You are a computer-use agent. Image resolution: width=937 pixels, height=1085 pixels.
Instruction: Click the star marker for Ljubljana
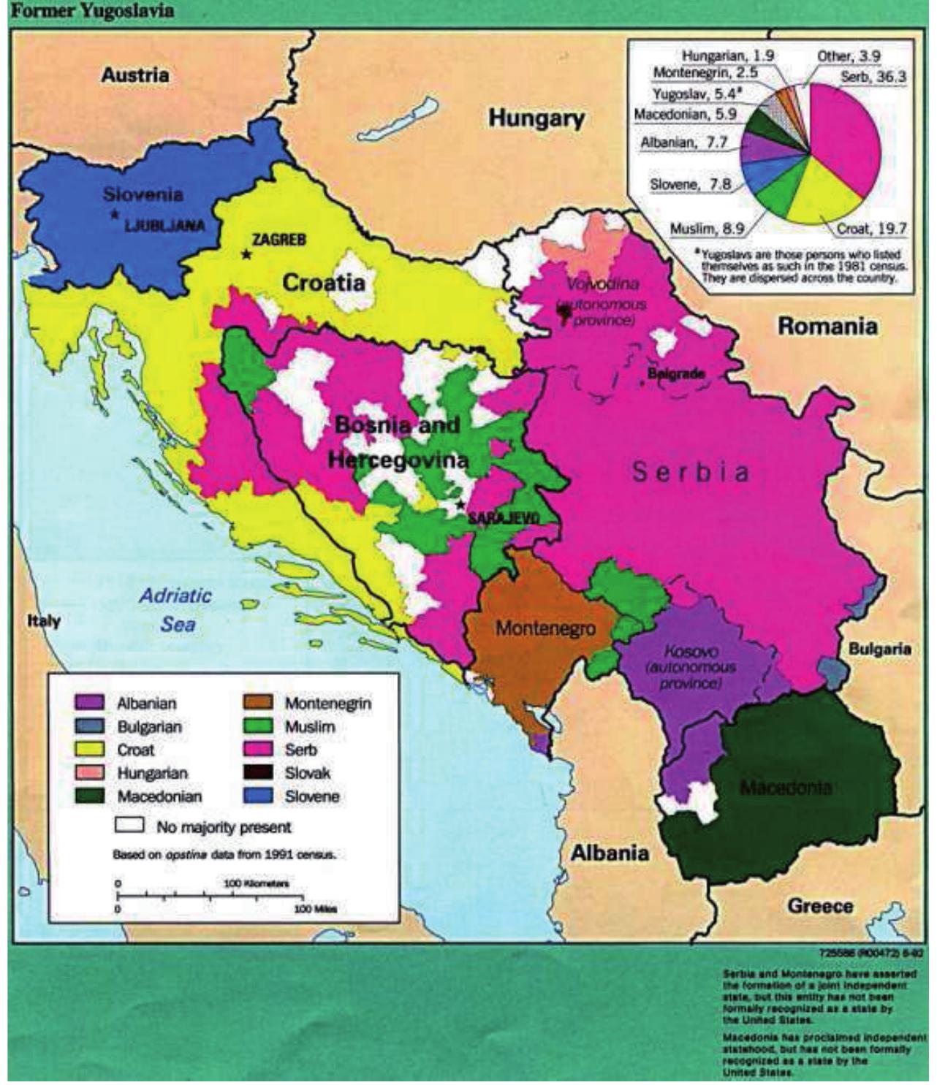pyautogui.click(x=115, y=214)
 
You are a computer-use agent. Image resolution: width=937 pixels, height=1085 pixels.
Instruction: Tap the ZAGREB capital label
pyautogui.click(x=278, y=240)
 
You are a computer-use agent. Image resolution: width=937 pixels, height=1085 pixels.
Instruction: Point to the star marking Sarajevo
pyautogui.click(x=460, y=505)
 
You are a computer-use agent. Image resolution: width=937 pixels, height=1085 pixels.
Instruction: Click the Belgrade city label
pyautogui.click(x=676, y=374)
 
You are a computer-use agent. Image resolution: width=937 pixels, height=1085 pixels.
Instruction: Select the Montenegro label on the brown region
pyautogui.click(x=545, y=628)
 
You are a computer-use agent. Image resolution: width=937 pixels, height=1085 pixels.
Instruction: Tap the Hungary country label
pyautogui.click(x=536, y=118)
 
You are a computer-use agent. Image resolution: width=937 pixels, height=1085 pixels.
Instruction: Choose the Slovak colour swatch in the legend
pyautogui.click(x=257, y=773)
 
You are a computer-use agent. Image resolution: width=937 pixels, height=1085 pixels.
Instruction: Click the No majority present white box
pyautogui.click(x=129, y=826)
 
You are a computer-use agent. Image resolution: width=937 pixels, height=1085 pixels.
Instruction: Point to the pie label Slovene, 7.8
pyautogui.click(x=690, y=184)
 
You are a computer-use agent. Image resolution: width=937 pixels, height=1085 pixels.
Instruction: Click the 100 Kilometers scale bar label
pyautogui.click(x=257, y=883)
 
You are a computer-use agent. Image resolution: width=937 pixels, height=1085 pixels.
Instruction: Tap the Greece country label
pyautogui.click(x=820, y=906)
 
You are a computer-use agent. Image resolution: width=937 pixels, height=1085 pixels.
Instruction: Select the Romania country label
pyautogui.click(x=827, y=326)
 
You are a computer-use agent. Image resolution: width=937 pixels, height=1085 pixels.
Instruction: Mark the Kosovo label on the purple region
pyautogui.click(x=691, y=651)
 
